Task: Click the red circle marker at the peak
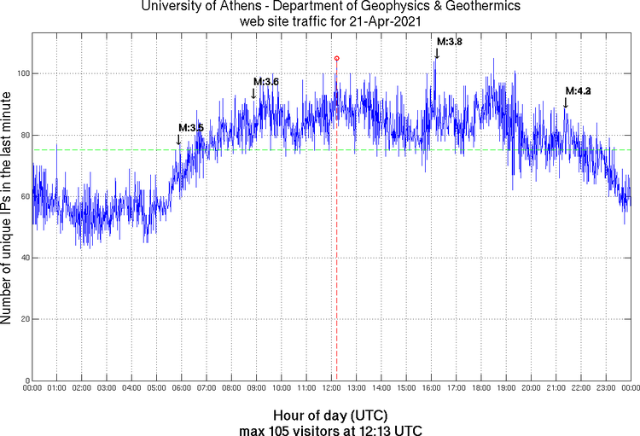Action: pos(336,58)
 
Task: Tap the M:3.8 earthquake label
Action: pos(450,41)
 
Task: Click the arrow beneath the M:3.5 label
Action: pos(178,139)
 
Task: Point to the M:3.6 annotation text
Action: pos(266,82)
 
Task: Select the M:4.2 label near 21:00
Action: pos(578,90)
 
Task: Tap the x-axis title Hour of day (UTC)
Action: pos(329,416)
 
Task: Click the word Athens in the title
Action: pos(230,7)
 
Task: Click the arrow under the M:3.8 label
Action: pos(437,54)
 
